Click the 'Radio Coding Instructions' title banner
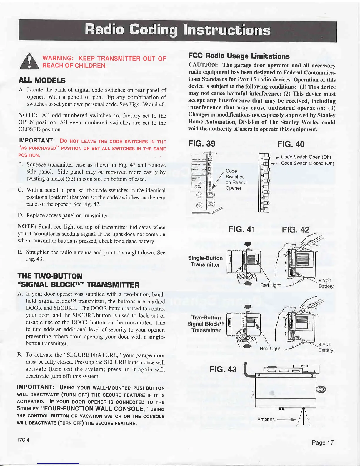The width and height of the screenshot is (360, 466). tap(177, 30)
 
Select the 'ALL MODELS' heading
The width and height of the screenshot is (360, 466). tap(42, 80)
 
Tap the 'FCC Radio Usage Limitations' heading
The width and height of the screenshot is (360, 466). tap(239, 56)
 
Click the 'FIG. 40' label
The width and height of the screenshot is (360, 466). tap(291, 144)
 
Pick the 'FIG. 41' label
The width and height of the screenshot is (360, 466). tap(242, 229)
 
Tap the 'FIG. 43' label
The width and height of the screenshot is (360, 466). tap(223, 369)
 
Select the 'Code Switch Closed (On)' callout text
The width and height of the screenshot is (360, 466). tap(307, 163)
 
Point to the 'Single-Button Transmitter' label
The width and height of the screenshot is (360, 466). tap(205, 261)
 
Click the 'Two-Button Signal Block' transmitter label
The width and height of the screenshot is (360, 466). tap(206, 324)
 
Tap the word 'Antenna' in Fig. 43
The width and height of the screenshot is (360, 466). tap(266, 419)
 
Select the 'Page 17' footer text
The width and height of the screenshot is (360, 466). tap(323, 442)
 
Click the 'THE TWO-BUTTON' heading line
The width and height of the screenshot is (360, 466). tap(50, 276)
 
